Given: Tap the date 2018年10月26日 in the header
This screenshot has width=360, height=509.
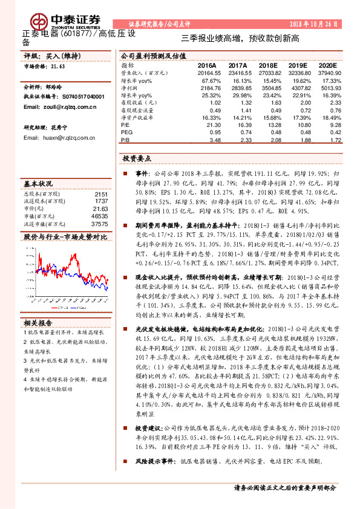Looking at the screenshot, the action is (x=318, y=22).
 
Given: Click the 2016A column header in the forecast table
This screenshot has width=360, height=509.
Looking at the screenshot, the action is (x=206, y=64).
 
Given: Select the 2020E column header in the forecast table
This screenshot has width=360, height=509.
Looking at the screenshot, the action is (x=327, y=64).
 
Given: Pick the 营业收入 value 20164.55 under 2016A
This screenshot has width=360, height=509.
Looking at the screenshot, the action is (x=203, y=72).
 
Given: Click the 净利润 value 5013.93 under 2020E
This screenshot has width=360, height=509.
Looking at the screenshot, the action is (x=326, y=87).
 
